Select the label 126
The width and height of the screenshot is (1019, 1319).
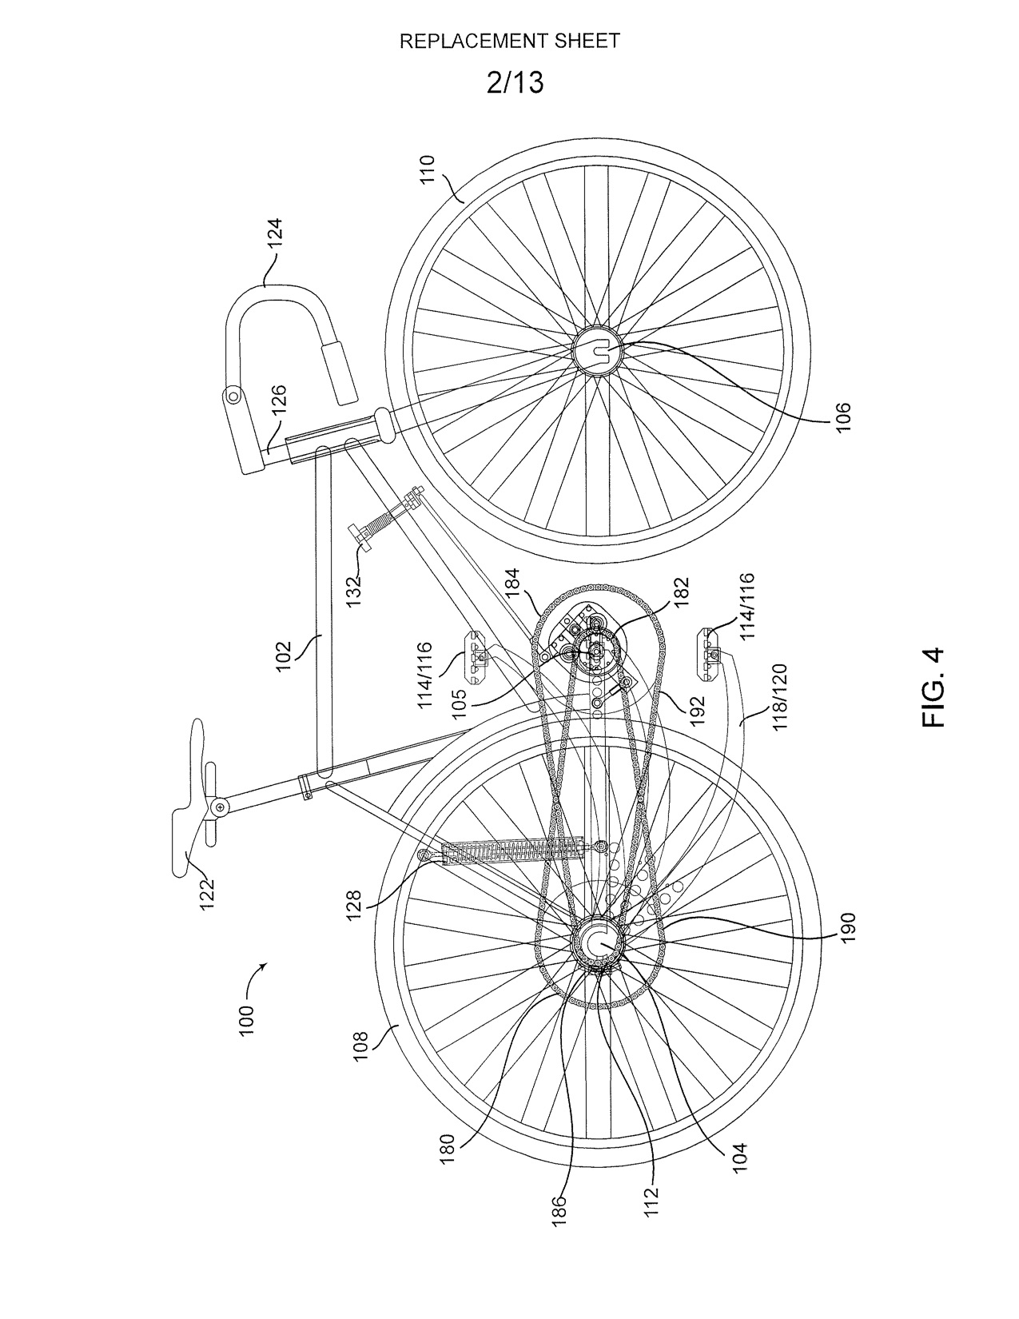tap(279, 400)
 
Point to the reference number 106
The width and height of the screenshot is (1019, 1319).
tap(843, 417)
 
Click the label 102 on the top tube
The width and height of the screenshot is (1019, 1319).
tap(285, 656)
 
